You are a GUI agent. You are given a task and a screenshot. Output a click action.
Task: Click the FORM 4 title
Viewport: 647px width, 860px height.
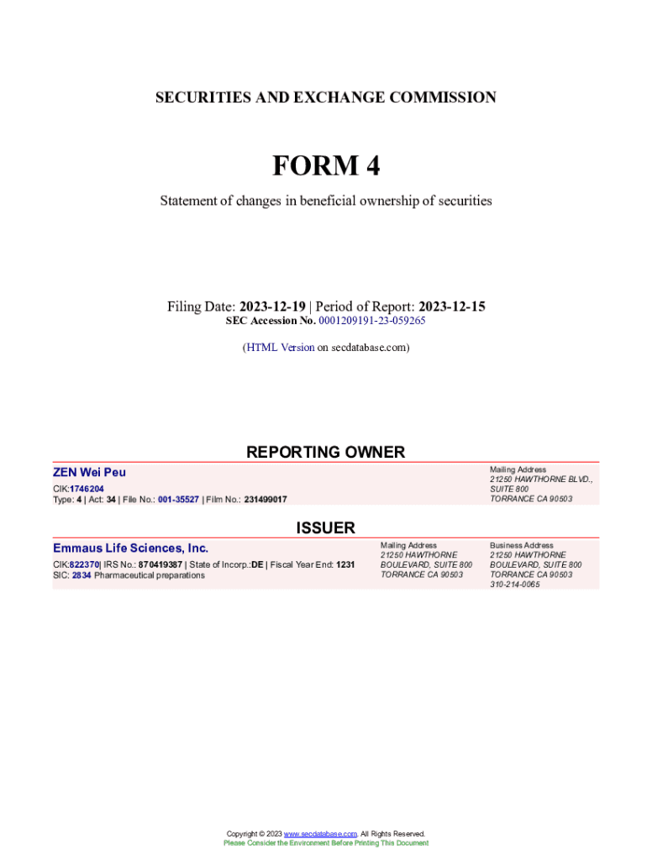[325, 166]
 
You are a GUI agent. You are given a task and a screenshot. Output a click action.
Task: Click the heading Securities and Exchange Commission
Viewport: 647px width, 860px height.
[325, 97]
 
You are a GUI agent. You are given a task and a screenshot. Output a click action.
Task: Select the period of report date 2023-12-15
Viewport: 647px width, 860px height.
[452, 307]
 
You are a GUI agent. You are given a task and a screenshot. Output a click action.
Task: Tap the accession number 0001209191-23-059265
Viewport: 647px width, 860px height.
[372, 321]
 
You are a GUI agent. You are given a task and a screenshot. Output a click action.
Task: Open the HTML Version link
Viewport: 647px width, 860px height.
[281, 347]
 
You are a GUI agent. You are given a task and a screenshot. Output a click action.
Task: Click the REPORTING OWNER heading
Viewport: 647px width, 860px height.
[325, 452]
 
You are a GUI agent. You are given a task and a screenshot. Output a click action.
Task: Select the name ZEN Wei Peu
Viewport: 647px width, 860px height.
[89, 473]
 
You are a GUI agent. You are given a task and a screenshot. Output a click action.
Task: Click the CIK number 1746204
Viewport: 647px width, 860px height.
[87, 488]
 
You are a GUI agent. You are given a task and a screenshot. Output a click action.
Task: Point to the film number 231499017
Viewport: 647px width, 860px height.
[266, 499]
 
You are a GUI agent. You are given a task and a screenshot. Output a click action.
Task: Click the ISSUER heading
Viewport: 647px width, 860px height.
[325, 528]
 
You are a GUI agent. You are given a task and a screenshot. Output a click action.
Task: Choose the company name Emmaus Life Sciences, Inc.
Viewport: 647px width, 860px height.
[130, 548]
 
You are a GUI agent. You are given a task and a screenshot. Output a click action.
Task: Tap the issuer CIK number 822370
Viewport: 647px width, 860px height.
[84, 564]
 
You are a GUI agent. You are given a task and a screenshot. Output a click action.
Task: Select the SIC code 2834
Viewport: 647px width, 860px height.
[82, 575]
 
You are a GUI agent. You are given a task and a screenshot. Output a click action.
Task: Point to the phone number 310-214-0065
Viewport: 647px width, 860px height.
[514, 585]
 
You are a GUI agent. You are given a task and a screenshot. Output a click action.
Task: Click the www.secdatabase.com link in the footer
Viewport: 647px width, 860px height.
[320, 834]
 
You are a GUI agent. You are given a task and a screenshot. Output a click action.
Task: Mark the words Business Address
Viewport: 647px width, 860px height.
[521, 545]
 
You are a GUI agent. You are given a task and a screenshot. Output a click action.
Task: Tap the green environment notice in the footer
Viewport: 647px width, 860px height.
[325, 843]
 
